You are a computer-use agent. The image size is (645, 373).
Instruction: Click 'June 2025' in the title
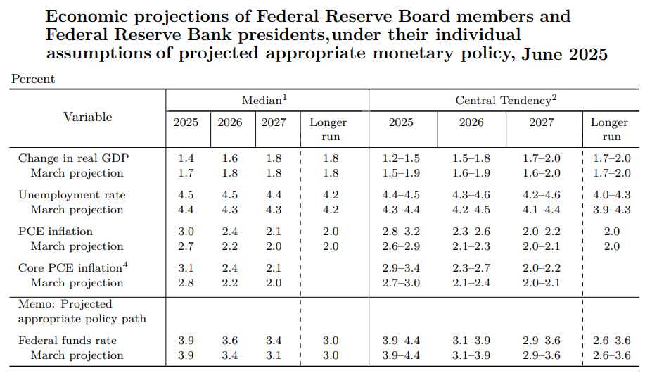pyautogui.click(x=565, y=54)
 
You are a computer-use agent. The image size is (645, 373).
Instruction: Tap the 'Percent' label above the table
pyautogui.click(x=33, y=80)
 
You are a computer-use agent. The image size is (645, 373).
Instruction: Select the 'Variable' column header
pyautogui.click(x=88, y=117)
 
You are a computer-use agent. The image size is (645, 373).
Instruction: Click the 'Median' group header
pyautogui.click(x=265, y=101)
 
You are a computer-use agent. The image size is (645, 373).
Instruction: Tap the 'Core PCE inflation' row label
pyautogui.click(x=65, y=268)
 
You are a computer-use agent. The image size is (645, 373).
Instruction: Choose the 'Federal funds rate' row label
pyautogui.click(x=68, y=341)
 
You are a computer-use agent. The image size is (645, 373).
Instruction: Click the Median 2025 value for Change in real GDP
pyautogui.click(x=186, y=158)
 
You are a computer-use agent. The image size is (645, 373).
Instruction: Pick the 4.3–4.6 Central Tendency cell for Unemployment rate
pyautogui.click(x=471, y=195)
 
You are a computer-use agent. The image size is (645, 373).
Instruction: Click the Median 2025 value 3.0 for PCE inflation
pyautogui.click(x=186, y=232)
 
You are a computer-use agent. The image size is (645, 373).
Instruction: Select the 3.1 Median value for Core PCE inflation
pyautogui.click(x=186, y=268)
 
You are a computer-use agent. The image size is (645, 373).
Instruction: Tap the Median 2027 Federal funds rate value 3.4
pyautogui.click(x=274, y=341)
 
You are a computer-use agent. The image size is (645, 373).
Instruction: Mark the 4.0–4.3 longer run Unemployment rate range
pyautogui.click(x=611, y=195)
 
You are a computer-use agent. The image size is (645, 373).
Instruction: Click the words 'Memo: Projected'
pyautogui.click(x=65, y=304)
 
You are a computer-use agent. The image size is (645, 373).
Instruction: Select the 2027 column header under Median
pyautogui.click(x=274, y=122)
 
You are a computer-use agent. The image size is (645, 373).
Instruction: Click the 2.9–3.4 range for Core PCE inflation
pyautogui.click(x=402, y=268)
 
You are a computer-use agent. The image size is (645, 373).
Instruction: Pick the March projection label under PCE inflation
pyautogui.click(x=77, y=246)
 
